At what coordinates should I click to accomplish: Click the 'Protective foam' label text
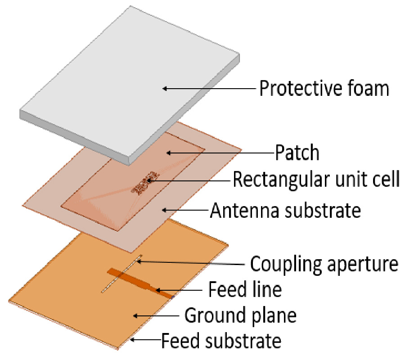[324, 88]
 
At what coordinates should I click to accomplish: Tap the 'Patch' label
[297, 153]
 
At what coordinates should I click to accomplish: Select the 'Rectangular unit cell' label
[316, 179]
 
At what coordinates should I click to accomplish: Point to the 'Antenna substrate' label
[285, 210]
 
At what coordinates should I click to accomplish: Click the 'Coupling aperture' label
[324, 264]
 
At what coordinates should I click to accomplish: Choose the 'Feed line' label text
[245, 289]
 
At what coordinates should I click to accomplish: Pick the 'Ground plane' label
[240, 315]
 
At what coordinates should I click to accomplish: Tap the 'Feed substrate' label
[221, 340]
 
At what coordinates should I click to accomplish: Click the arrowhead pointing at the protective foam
[165, 89]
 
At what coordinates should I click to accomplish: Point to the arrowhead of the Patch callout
[169, 153]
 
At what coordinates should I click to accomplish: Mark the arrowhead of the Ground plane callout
[135, 315]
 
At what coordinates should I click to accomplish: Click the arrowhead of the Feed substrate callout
[132, 340]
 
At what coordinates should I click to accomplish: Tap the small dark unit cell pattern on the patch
[144, 183]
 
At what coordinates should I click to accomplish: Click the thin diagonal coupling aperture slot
[121, 274]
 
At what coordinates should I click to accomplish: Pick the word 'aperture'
[362, 265]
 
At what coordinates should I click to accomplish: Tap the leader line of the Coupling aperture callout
[193, 263]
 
